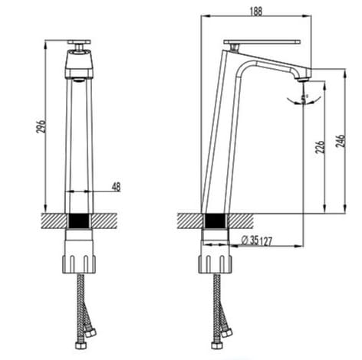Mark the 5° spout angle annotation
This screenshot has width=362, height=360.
click(305, 97)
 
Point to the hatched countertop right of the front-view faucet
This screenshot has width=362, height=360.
click(107, 221)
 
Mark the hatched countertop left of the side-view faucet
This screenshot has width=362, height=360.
click(189, 221)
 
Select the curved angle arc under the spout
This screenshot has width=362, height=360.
click(291, 98)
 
